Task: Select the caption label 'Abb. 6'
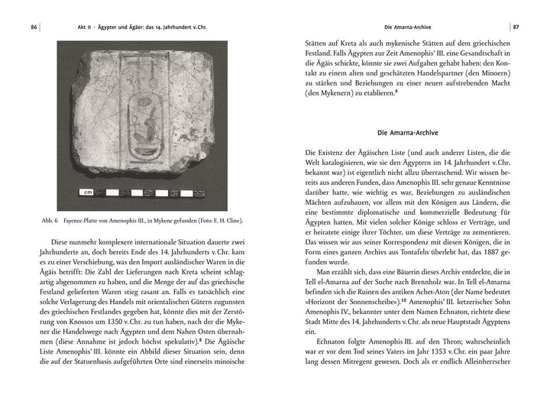tap(50, 222)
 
